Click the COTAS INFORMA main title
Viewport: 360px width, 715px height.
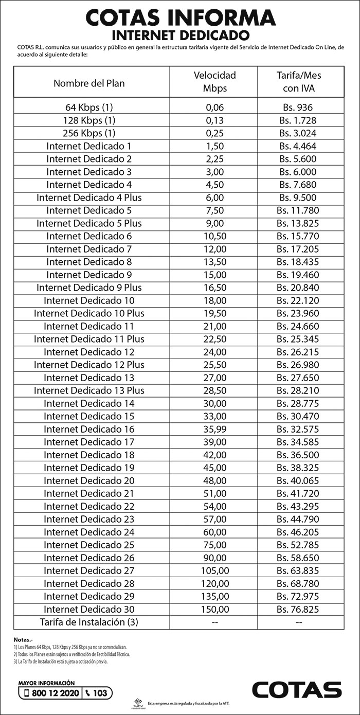point(180,18)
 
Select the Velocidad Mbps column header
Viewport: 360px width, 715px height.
point(214,82)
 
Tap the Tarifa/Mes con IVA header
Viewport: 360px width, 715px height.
point(299,82)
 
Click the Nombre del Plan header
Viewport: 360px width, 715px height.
point(89,83)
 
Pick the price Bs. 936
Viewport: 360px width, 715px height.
point(296,108)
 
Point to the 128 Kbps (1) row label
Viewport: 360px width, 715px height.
point(89,120)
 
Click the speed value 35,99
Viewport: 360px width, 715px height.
point(215,429)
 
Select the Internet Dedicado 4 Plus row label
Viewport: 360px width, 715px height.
point(89,198)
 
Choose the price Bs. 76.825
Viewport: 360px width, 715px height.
point(298,609)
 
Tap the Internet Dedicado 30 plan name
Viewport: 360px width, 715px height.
point(89,609)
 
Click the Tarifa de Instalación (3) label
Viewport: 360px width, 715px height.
point(89,622)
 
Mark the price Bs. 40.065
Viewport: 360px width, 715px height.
point(298,480)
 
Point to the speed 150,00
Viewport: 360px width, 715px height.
point(215,609)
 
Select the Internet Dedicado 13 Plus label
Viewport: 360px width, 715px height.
point(89,390)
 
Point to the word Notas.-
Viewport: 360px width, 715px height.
point(22,639)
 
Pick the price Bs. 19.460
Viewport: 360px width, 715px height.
point(298,275)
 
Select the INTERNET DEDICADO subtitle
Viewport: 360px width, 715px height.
point(180,35)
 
